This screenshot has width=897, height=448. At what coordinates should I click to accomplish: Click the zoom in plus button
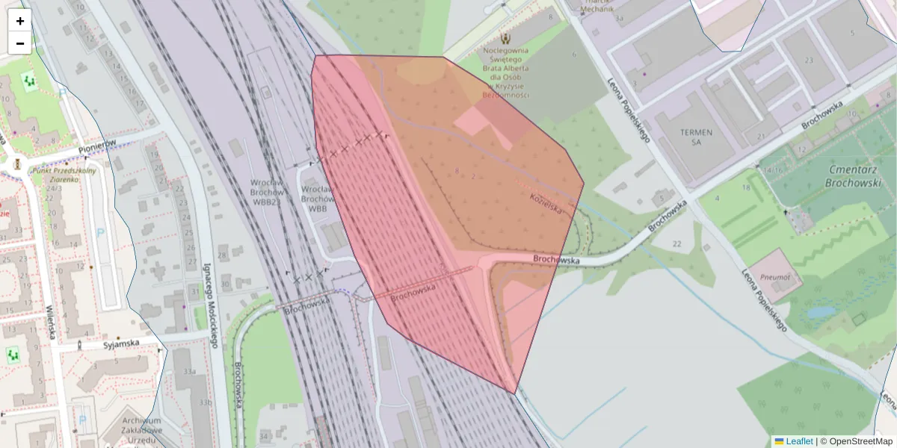click(20, 21)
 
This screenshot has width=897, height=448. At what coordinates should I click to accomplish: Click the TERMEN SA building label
click(696, 137)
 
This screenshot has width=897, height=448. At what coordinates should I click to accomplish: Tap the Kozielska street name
click(546, 202)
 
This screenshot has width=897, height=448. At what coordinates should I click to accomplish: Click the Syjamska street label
click(121, 343)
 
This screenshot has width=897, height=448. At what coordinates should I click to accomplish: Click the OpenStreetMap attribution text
click(856, 441)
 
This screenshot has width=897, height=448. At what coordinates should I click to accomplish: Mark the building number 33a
click(190, 371)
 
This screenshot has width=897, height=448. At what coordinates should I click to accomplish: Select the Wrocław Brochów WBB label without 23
click(318, 199)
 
